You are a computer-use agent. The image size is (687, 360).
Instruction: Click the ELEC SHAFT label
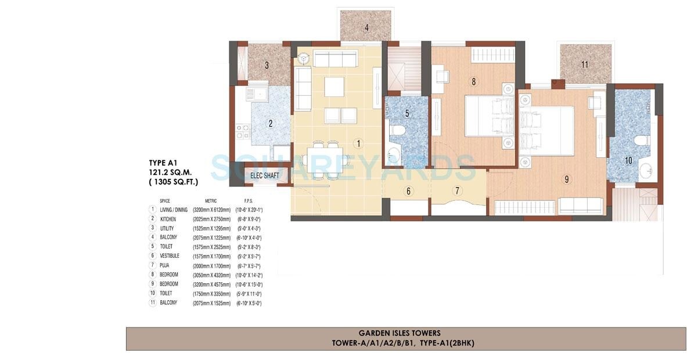click(265, 176)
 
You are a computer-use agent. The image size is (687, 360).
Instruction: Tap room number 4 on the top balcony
click(366, 27)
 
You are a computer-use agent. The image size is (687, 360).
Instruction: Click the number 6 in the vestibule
click(408, 191)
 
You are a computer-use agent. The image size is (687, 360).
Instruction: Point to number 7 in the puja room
click(457, 191)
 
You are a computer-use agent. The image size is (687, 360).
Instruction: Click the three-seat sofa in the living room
click(334, 59)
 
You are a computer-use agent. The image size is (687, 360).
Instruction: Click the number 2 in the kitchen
click(270, 123)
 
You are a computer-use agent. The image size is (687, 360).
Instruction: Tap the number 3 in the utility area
click(267, 65)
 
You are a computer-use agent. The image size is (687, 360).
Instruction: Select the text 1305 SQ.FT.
click(173, 182)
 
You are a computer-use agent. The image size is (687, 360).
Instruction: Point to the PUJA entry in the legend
click(166, 265)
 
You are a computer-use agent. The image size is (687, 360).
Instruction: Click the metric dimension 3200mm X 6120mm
click(212, 210)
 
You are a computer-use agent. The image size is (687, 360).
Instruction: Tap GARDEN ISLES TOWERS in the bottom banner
click(400, 333)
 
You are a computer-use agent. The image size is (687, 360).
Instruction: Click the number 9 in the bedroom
click(567, 179)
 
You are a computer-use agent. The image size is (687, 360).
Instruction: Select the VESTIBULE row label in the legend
click(170, 256)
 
